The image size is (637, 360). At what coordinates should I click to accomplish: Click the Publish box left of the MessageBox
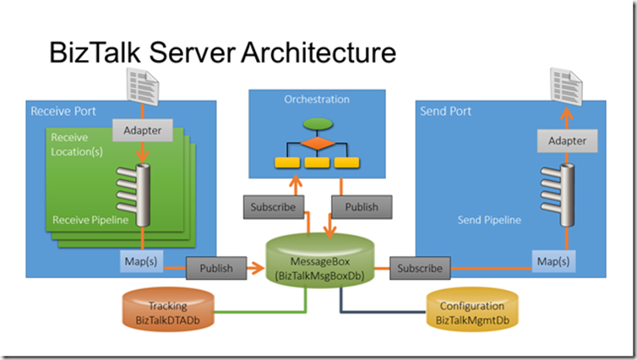(x=216, y=269)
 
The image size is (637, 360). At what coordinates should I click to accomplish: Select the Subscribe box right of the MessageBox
(x=419, y=269)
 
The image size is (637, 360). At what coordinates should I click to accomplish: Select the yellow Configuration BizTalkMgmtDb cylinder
(x=471, y=312)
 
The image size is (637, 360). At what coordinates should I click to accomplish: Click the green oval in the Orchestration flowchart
(x=317, y=125)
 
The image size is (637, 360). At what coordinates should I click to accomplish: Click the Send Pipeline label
(x=489, y=220)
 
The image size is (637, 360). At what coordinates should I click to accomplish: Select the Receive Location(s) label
(x=77, y=144)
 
